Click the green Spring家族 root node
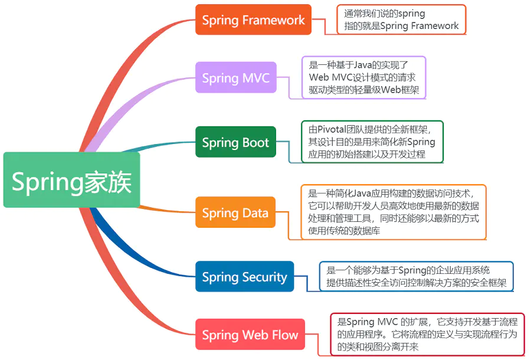(71, 180)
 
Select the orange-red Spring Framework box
(254, 19)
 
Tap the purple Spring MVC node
(235, 78)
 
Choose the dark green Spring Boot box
(235, 142)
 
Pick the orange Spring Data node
(235, 212)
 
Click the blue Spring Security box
(244, 277)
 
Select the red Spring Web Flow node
(250, 335)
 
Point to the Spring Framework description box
(401, 19)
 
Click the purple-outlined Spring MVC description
(363, 77)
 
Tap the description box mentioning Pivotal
(372, 142)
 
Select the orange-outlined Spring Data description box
(394, 212)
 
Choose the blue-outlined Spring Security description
(417, 277)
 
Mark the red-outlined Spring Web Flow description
(427, 335)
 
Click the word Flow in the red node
(285, 335)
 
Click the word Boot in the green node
(255, 142)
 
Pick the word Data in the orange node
(254, 212)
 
